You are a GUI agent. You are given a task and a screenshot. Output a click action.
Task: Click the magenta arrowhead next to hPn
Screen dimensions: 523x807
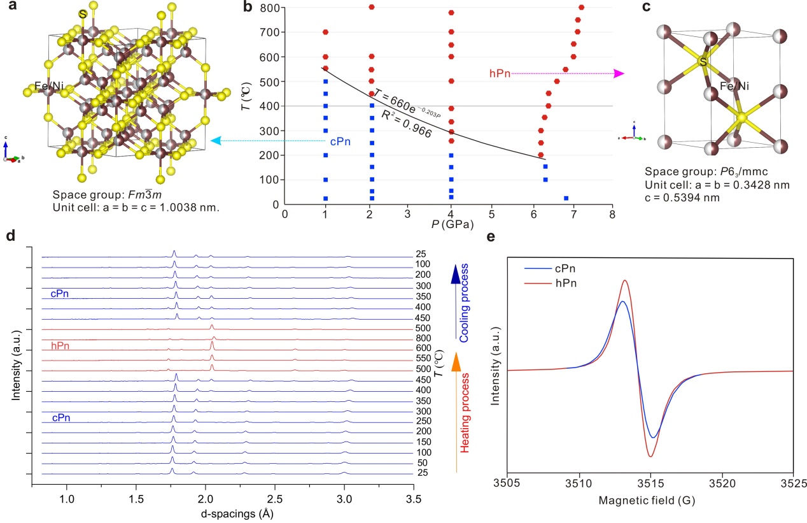[619, 73]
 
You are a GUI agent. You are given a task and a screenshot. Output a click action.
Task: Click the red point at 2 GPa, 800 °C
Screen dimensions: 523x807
[372, 7]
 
